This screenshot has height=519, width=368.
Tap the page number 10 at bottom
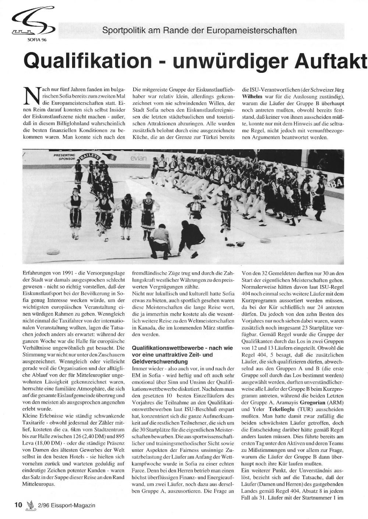18,505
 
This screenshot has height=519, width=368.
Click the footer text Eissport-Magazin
71,505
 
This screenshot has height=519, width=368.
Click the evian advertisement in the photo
138,158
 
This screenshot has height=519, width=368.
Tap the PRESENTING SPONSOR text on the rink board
65,157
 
